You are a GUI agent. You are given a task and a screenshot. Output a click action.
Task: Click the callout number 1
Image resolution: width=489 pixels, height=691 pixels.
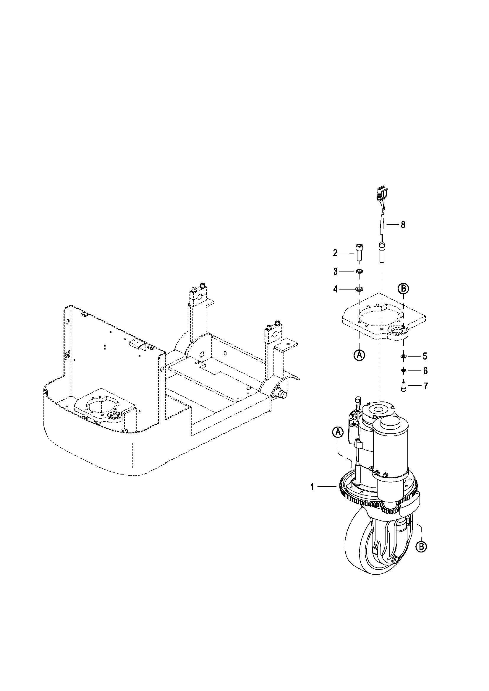point(312,487)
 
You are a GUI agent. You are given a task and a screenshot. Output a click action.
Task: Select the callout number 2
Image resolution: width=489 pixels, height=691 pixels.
point(335,253)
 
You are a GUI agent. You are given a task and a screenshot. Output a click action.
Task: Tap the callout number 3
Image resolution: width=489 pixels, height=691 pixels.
point(336,271)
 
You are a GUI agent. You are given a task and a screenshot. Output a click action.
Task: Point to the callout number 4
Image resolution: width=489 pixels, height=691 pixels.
point(336,290)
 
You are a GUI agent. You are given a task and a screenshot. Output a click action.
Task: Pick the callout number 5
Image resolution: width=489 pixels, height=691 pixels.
point(425,356)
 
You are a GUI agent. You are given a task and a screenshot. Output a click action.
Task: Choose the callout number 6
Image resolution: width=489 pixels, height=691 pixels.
point(425,371)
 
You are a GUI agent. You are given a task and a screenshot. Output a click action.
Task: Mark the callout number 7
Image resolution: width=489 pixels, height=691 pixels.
point(425,386)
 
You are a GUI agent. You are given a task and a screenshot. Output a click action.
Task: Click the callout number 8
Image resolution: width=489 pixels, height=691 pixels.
point(403,225)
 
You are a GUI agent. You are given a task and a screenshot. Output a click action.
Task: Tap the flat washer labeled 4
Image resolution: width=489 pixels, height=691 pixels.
point(359,290)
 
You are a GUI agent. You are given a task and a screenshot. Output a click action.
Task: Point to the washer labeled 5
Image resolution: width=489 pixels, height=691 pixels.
point(404,356)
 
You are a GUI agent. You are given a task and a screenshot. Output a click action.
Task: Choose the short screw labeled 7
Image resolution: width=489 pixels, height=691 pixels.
point(404,386)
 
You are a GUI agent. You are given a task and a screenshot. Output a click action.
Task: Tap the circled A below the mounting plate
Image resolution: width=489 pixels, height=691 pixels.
point(359,355)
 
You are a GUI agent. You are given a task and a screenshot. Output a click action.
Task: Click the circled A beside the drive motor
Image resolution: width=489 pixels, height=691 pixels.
point(338,433)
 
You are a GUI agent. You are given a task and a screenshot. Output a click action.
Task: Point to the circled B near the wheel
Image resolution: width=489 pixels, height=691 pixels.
point(421,546)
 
